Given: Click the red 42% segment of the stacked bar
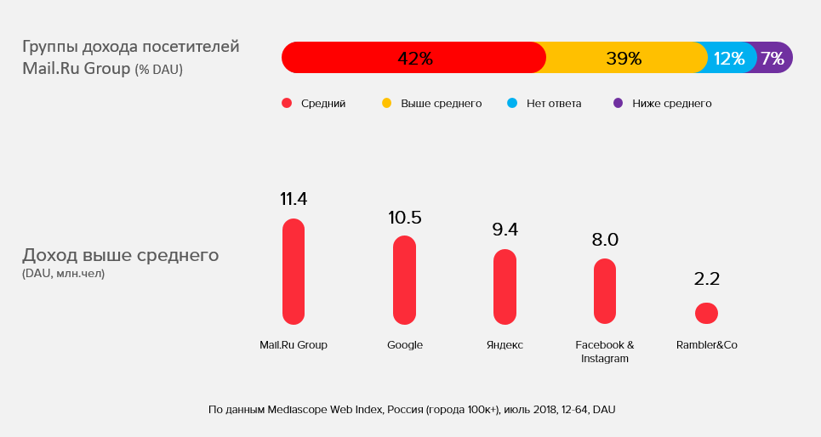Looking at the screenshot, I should [414, 58].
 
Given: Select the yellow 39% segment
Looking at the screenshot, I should [624, 58].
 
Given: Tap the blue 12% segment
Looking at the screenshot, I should [728, 58].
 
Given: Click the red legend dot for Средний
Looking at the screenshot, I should [287, 104].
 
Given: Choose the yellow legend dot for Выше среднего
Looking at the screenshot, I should [386, 104].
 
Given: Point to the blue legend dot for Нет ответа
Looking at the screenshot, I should [512, 104].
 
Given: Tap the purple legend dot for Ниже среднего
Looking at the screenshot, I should [618, 104].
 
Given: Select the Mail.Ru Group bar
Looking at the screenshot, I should [294, 271].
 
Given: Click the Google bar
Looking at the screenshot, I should [405, 280].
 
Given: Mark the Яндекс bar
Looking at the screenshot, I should [505, 287].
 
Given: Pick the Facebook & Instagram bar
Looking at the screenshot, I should [605, 291].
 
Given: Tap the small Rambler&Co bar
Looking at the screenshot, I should [706, 313].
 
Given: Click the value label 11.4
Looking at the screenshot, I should [294, 199].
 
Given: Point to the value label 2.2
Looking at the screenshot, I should [706, 279].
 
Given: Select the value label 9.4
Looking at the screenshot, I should [505, 229].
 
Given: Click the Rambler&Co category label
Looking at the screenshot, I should [706, 345].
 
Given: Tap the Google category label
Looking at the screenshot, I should [405, 345].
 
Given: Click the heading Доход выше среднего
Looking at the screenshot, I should [120, 255].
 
